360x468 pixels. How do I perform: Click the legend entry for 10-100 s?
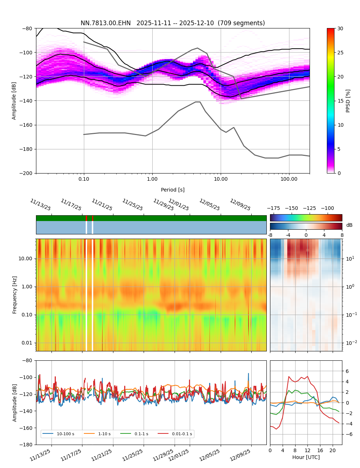[65, 434]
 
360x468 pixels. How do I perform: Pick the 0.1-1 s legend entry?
[141, 434]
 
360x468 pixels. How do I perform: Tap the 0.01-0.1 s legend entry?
[182, 434]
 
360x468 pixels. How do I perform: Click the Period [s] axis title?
[172, 190]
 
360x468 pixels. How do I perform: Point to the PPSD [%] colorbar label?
[348, 101]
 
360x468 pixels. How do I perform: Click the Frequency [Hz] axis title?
[15, 295]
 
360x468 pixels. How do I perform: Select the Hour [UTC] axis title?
[306, 457]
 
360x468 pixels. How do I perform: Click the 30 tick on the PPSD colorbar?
[340, 28]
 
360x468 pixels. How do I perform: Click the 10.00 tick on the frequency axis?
[26, 258]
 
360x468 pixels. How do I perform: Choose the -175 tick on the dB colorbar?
[273, 208]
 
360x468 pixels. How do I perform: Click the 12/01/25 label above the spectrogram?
[179, 205]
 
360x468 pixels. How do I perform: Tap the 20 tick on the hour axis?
[332, 450]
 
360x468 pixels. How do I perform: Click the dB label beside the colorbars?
[349, 225]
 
